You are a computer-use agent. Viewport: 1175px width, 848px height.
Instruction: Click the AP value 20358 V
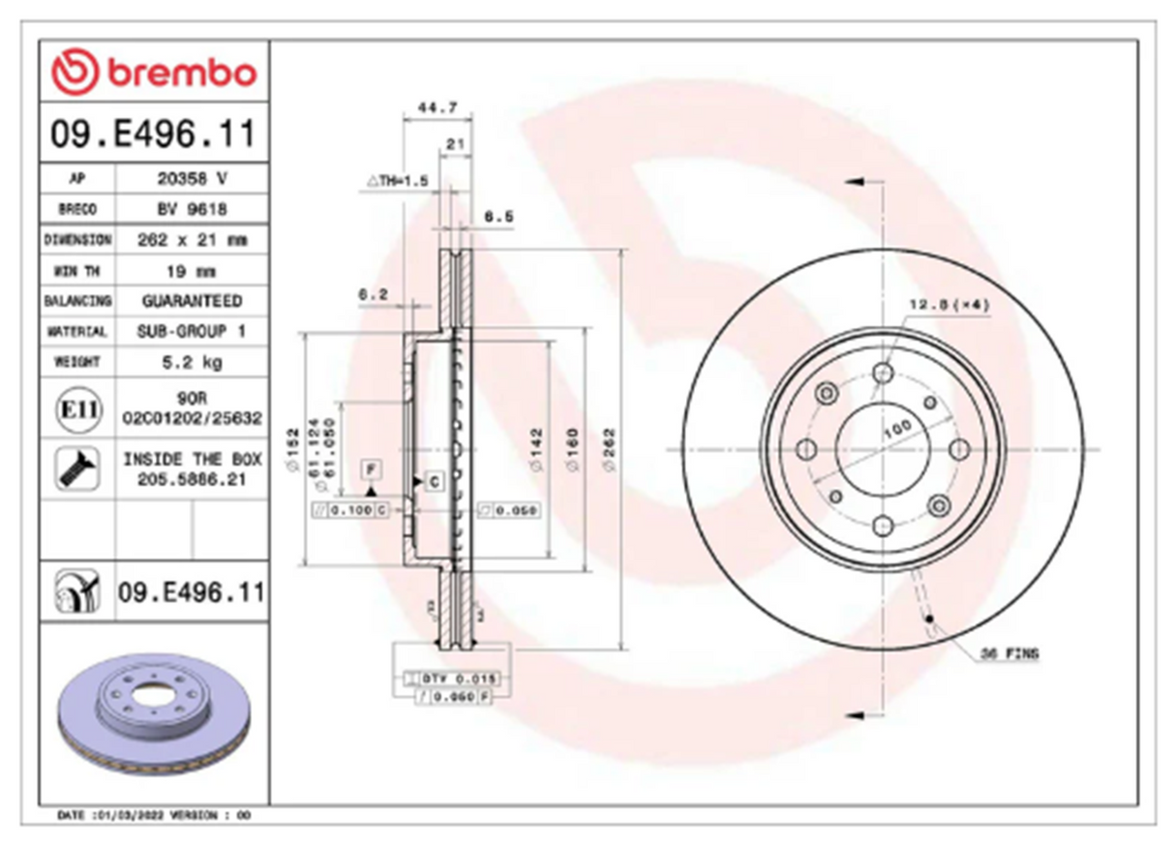(x=192, y=178)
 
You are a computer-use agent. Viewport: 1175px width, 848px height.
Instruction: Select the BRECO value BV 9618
(x=192, y=208)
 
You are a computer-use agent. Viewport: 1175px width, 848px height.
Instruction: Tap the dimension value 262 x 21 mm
(x=192, y=239)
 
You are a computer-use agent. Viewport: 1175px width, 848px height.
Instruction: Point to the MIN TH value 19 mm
(x=192, y=270)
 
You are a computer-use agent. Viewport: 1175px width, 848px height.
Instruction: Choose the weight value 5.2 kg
(x=192, y=362)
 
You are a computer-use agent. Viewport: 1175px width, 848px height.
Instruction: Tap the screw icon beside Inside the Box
(x=75, y=469)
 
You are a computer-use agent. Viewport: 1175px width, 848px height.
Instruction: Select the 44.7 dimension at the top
(x=437, y=107)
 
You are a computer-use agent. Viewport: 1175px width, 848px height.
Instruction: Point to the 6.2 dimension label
(x=373, y=292)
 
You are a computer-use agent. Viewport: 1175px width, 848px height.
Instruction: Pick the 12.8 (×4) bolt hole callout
(x=949, y=305)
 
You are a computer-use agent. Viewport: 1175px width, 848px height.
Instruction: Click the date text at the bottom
(x=155, y=816)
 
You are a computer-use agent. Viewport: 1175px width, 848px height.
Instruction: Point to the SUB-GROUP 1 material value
(x=192, y=331)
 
